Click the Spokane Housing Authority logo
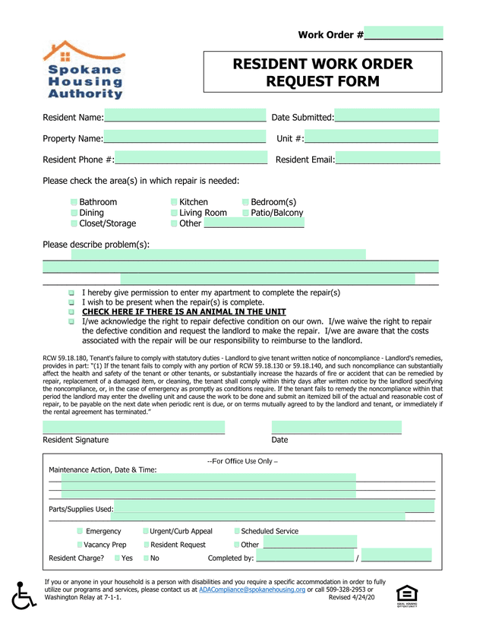click(x=89, y=71)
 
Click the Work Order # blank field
click(x=403, y=34)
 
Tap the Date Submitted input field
click(x=387, y=117)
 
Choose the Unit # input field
click(x=371, y=138)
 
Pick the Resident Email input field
click(x=388, y=160)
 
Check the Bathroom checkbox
click(x=74, y=202)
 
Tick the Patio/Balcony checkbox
click(x=245, y=213)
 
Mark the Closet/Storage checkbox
click(x=74, y=223)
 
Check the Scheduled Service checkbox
click(x=237, y=531)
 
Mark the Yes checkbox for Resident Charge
click(x=118, y=558)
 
